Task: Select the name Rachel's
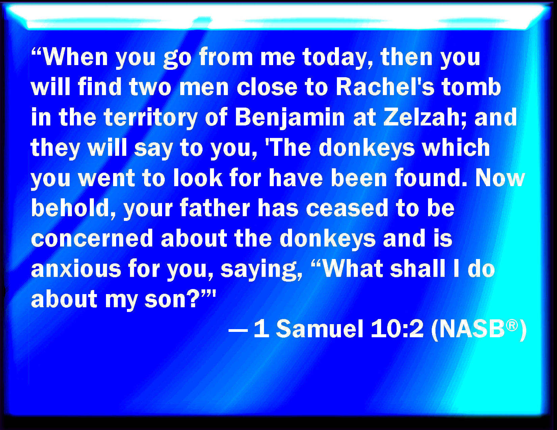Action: click(385, 87)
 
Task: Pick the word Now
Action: click(500, 178)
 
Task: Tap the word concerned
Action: click(92, 238)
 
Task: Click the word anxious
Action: click(76, 269)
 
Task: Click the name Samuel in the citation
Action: click(319, 329)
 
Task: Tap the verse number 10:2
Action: click(397, 329)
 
